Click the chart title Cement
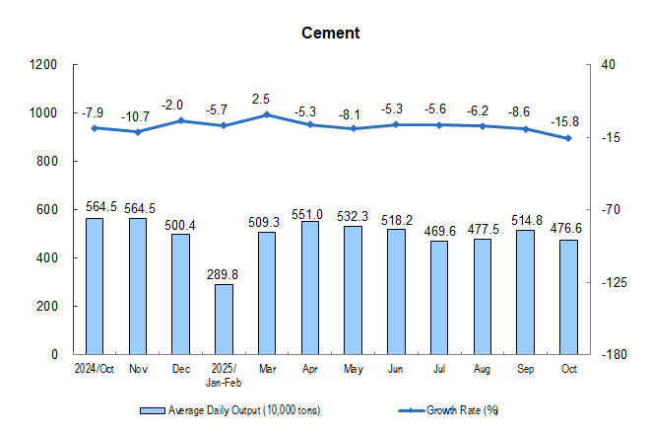click(331, 33)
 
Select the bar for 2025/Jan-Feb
click(224, 319)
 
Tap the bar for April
click(310, 287)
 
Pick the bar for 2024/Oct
click(95, 286)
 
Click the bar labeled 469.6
click(439, 297)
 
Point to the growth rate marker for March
click(267, 114)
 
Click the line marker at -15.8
click(568, 138)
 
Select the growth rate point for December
click(180, 120)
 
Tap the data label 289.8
click(224, 272)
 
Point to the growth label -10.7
click(137, 116)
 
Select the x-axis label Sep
click(526, 368)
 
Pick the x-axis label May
click(354, 368)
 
